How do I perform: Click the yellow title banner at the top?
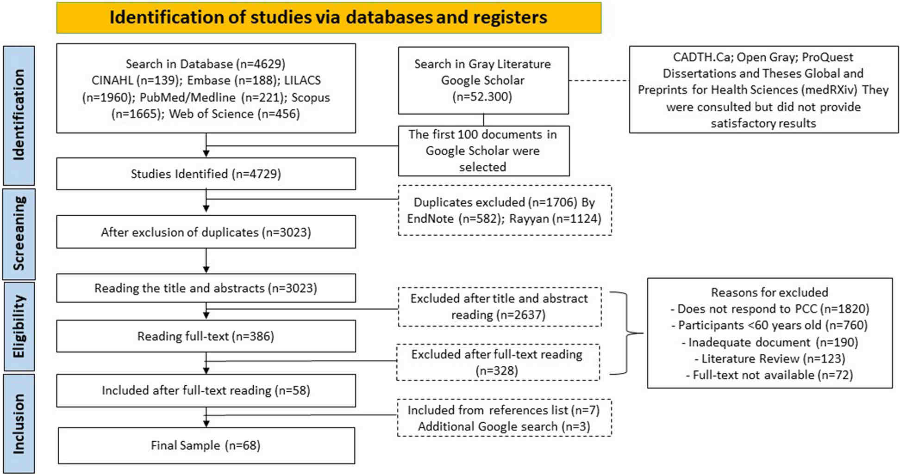pyautogui.click(x=329, y=18)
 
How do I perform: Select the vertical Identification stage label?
pyautogui.click(x=19, y=115)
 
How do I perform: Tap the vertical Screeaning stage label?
pyautogui.click(x=19, y=233)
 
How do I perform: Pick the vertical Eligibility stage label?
pyautogui.click(x=19, y=326)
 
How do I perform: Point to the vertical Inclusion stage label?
pyautogui.click(x=19, y=424)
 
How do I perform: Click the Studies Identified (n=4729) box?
pyautogui.click(x=206, y=174)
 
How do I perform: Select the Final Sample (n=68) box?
pyautogui.click(x=206, y=445)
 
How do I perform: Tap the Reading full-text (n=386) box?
pyautogui.click(x=206, y=336)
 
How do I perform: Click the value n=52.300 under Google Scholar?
pyautogui.click(x=482, y=97)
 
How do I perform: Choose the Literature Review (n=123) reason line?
pyautogui.click(x=769, y=359)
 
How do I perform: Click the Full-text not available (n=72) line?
pyautogui.click(x=769, y=375)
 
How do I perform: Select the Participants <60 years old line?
pyautogui.click(x=769, y=326)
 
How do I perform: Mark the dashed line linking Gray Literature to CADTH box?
pyautogui.click(x=599, y=81)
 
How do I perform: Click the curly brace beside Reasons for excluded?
pyautogui.click(x=627, y=333)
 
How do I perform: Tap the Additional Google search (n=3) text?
pyautogui.click(x=504, y=426)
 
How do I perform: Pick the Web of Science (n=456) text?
pyautogui.click(x=234, y=114)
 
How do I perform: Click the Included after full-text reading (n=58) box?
pyautogui.click(x=206, y=390)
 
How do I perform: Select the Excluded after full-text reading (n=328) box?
pyautogui.click(x=498, y=363)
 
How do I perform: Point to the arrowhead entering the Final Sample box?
pyautogui.click(x=206, y=423)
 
